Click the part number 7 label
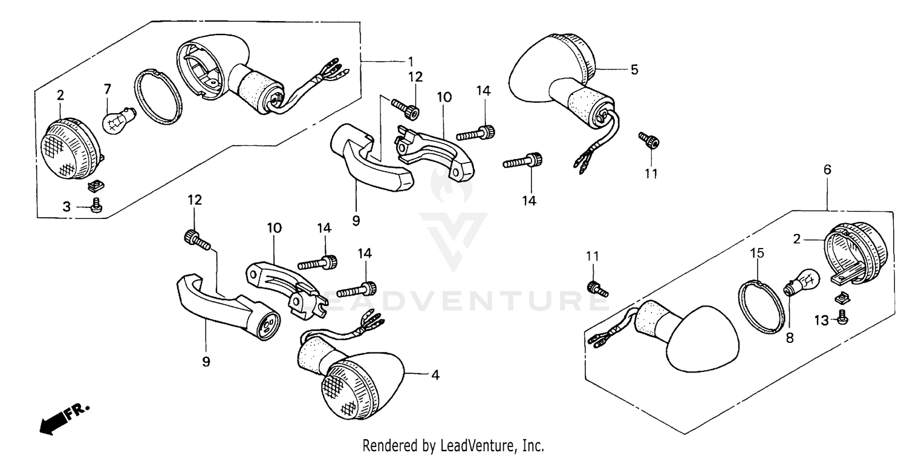pos(108,90)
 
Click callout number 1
pos(411,61)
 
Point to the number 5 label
pos(634,70)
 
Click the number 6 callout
pos(827,170)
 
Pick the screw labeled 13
pos(842,316)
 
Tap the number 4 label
pos(434,375)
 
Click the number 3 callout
pos(66,207)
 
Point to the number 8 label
pos(789,339)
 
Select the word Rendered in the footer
pos(391,446)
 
